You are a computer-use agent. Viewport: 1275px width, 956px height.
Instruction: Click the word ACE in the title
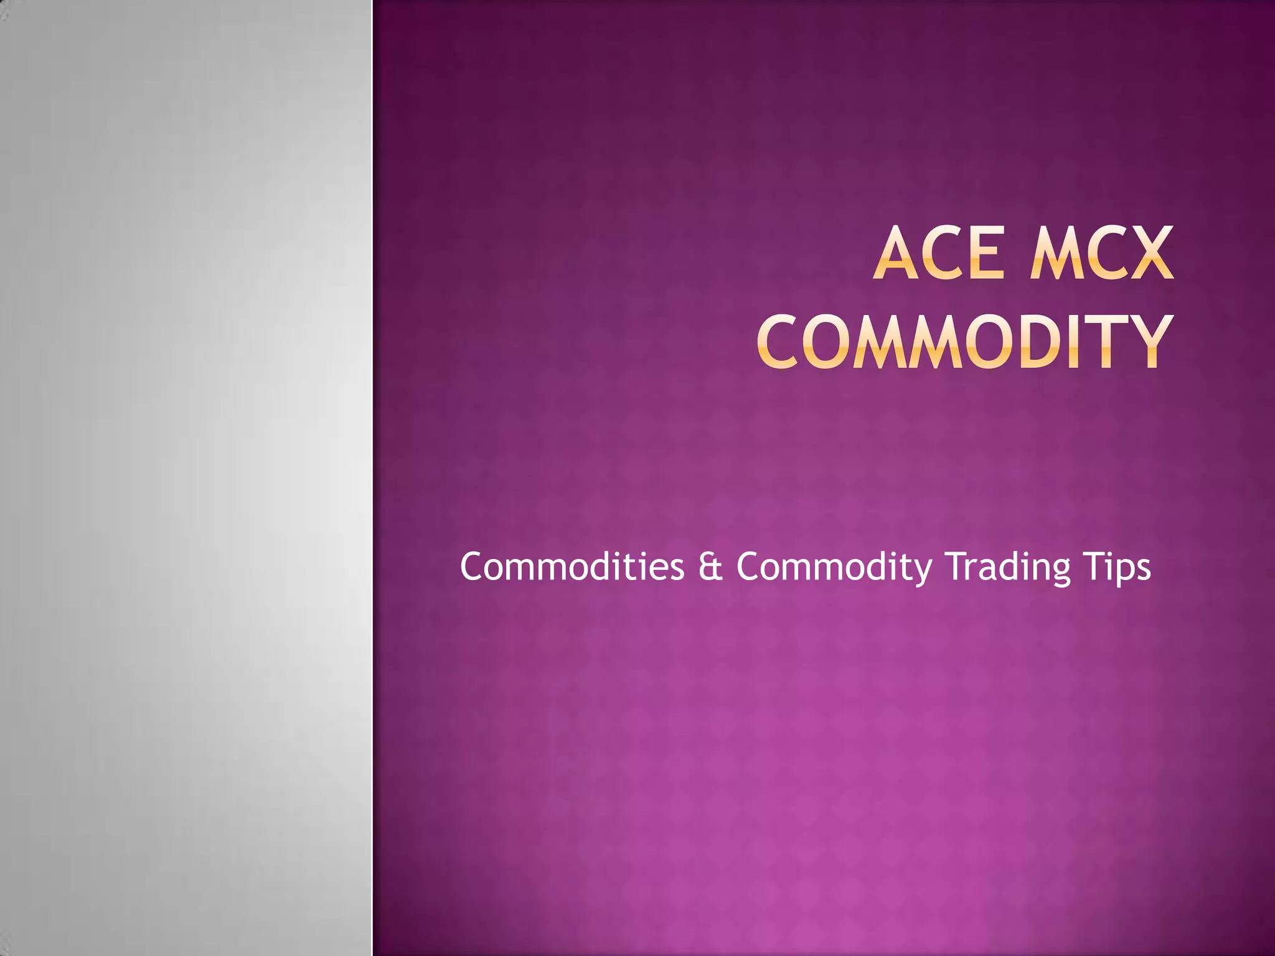[938, 254]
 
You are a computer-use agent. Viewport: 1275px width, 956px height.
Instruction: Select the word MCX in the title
[1101, 254]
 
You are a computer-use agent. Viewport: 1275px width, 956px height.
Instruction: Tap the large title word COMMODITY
[966, 342]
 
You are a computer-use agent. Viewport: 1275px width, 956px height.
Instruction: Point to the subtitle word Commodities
[572, 567]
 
